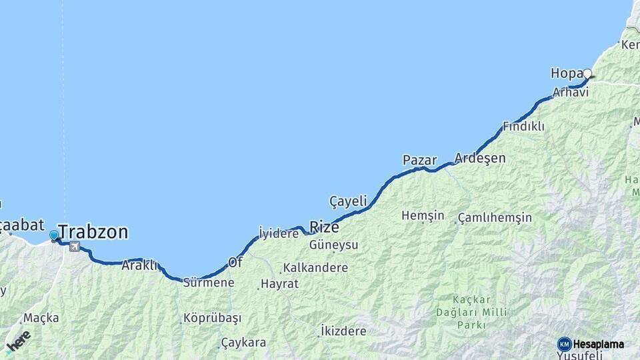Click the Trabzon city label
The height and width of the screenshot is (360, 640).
[x=93, y=232]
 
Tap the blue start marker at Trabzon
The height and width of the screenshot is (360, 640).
[x=54, y=235]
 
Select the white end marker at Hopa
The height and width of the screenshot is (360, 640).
[x=587, y=73]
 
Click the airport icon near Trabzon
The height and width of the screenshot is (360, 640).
[x=74, y=247]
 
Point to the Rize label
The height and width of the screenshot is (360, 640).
[x=325, y=227]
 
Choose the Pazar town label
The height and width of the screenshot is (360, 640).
[x=419, y=160]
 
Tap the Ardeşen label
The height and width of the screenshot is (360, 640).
[x=480, y=158]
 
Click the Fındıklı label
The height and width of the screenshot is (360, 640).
[x=523, y=126]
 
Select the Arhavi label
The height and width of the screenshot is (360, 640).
[x=570, y=92]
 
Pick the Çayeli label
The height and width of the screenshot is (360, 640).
[x=348, y=201]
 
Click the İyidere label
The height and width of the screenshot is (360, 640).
[x=278, y=233]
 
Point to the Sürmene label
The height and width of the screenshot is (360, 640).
[x=209, y=282]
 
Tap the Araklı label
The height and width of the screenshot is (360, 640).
[x=139, y=265]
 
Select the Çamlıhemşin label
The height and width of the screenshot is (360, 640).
[x=495, y=217]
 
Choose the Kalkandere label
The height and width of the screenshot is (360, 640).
[x=315, y=267]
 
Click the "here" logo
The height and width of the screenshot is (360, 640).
[x=19, y=341]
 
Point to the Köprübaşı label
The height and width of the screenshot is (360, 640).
[x=212, y=317]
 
